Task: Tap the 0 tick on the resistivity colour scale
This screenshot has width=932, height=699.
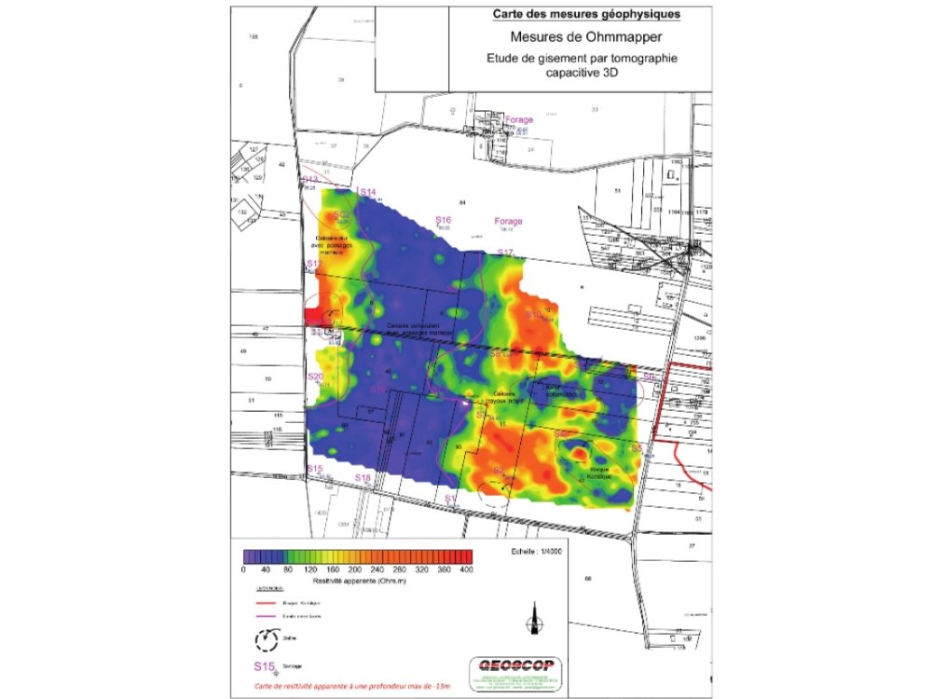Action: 243,568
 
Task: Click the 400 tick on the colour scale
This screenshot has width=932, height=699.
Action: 467,568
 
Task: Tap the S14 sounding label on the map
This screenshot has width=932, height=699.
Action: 367,192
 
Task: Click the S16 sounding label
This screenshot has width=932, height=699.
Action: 444,220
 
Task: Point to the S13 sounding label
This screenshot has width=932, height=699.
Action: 310,179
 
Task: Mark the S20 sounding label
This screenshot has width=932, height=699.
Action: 315,377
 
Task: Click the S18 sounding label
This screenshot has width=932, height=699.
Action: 363,478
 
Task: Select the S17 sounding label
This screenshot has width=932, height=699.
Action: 505,253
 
